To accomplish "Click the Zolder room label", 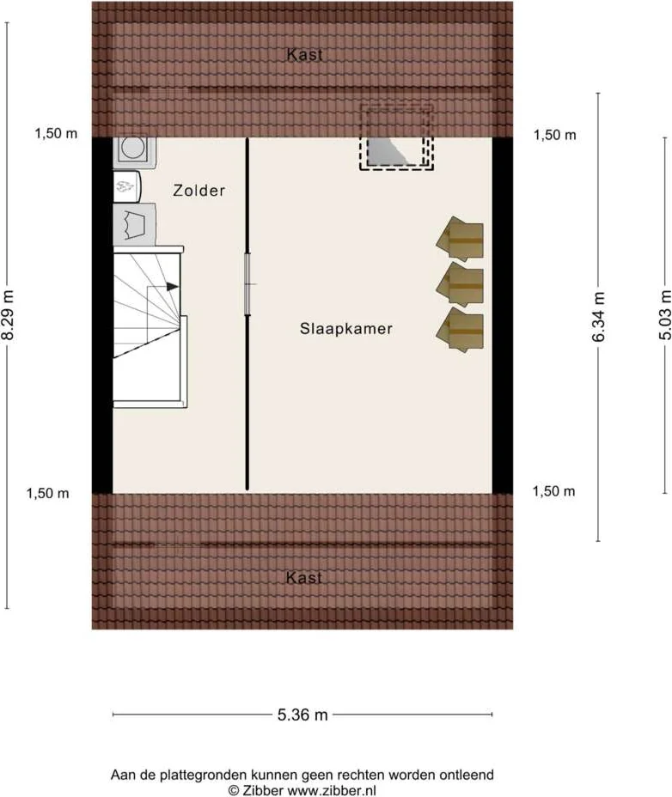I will click(199, 191).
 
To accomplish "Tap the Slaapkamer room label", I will click(346, 329).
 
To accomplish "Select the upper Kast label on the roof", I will click(305, 55).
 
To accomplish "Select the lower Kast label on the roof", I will click(304, 578).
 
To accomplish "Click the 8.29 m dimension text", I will click(9, 314).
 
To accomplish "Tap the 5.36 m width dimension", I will click(302, 715).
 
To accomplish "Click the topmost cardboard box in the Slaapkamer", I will click(461, 239).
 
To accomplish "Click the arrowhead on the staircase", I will click(174, 287).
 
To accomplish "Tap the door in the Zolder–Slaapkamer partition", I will click(247, 284).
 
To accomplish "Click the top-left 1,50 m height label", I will click(56, 134).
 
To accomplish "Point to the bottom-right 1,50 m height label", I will click(554, 491).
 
